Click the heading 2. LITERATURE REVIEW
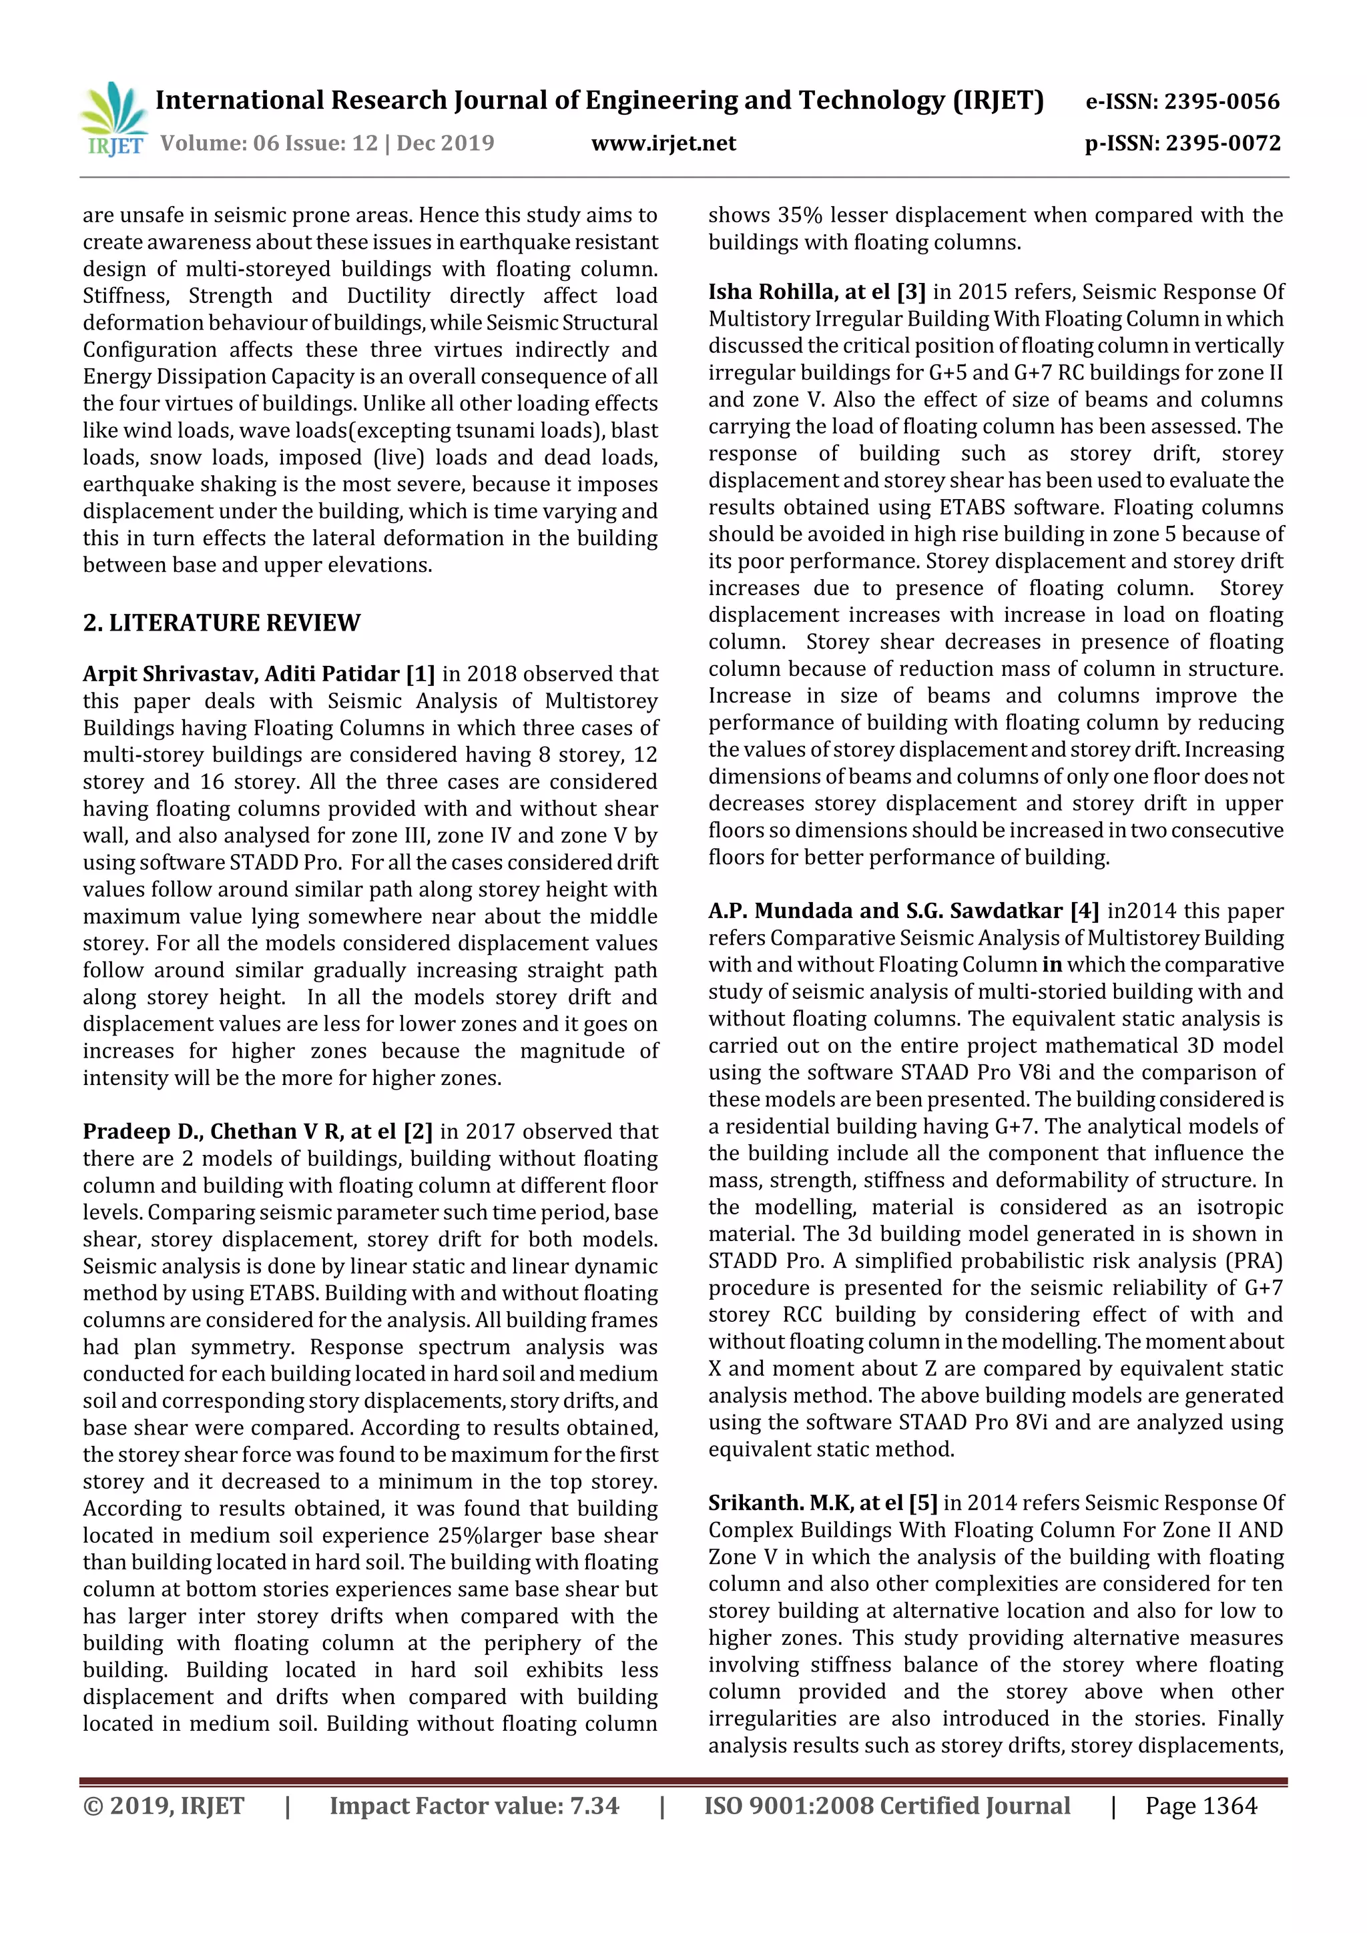[x=222, y=623]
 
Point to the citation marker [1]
[x=421, y=675]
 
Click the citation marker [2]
[x=418, y=1132]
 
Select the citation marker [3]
[x=910, y=292]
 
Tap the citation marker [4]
[x=1084, y=911]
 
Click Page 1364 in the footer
[x=1200, y=1806]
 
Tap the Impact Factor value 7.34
[x=595, y=1806]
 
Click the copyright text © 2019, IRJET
[x=164, y=1806]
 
